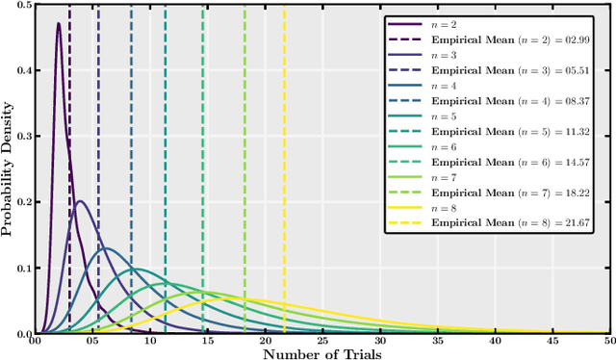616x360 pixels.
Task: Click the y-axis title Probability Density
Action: pos(9,169)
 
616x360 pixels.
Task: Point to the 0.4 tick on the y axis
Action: pos(21,71)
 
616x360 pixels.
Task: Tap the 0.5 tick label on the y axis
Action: pos(21,6)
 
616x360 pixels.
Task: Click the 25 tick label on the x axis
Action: pos(322,341)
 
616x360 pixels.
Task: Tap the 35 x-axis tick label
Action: pos(437,341)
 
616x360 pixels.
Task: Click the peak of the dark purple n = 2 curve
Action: pos(59,24)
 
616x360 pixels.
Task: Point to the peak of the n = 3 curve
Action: pos(81,201)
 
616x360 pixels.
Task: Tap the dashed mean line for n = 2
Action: pos(69,193)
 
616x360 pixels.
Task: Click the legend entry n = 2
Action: pos(443,23)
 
